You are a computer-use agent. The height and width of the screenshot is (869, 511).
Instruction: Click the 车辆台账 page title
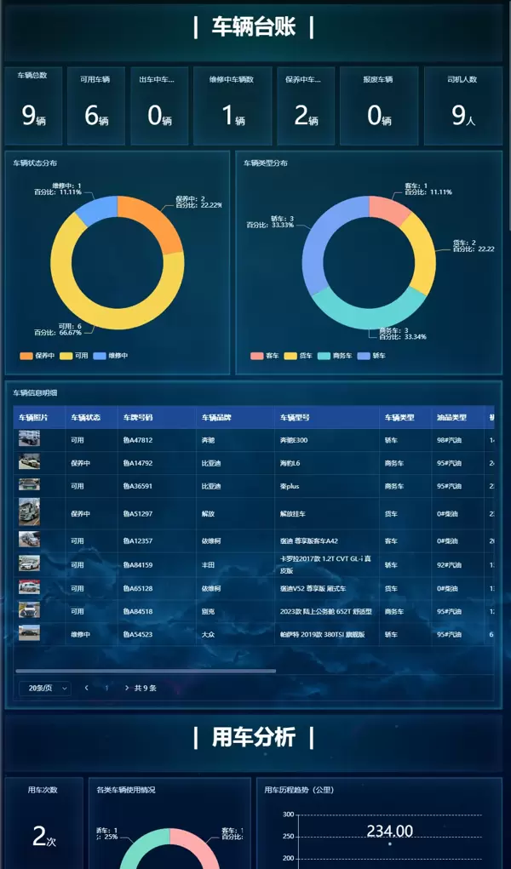254,27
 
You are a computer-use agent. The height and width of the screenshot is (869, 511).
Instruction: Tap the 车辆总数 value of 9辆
33,116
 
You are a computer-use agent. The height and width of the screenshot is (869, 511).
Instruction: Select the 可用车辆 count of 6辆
95,116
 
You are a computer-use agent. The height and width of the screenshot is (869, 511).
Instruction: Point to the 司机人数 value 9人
462,116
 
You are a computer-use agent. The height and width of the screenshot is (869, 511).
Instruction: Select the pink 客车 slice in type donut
388,209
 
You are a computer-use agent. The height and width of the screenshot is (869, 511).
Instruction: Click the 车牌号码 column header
137,418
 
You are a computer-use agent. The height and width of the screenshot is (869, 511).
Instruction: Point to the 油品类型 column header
451,418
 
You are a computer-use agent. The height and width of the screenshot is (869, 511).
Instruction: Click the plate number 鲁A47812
137,440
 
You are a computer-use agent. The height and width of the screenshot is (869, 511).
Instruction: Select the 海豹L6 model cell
291,463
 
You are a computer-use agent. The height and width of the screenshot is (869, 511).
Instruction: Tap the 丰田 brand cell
208,565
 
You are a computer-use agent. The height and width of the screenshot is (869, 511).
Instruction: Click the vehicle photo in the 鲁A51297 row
29,512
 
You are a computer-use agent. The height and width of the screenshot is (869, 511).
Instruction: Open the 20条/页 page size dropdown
44,688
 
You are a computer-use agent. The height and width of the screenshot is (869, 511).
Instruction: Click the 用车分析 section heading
254,737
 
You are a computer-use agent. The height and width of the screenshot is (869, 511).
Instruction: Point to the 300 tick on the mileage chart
288,815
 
